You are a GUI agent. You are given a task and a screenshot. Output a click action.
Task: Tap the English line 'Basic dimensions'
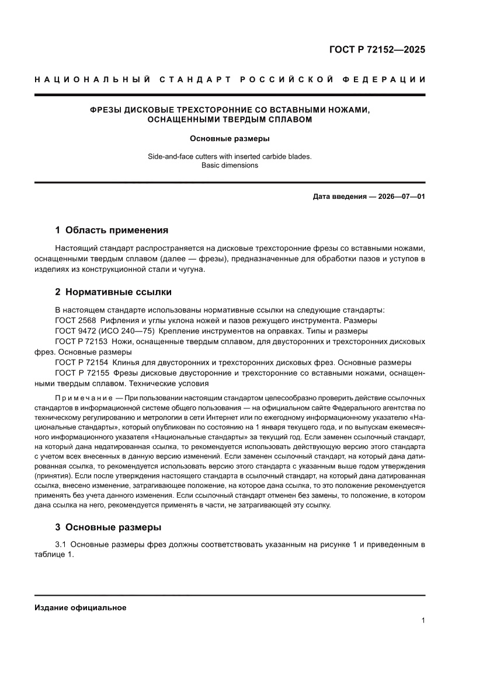(x=230, y=165)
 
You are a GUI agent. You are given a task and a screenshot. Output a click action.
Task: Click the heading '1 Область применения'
(x=111, y=230)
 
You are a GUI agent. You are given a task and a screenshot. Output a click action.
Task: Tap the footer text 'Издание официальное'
(x=80, y=607)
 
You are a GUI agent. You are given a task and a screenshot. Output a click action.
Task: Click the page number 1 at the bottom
(x=422, y=621)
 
